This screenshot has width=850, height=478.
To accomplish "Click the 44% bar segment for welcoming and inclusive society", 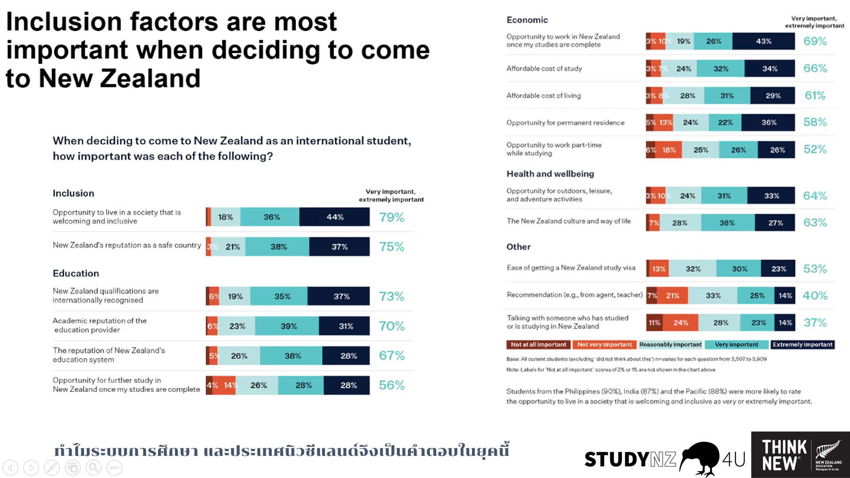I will pyautogui.click(x=335, y=217).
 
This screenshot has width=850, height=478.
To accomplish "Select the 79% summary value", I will pyautogui.click(x=391, y=217).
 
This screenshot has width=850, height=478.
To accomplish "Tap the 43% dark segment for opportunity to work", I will pyautogui.click(x=763, y=41).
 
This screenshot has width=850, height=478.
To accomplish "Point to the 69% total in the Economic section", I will pyautogui.click(x=815, y=41).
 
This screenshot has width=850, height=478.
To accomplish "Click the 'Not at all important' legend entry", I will pyautogui.click(x=538, y=344).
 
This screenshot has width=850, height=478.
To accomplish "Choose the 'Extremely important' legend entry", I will pyautogui.click(x=802, y=344).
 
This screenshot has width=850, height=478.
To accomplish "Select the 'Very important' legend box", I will pyautogui.click(x=736, y=344).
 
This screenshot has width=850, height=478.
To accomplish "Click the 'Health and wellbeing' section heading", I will pyautogui.click(x=550, y=174).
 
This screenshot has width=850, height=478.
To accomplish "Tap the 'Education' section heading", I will pyautogui.click(x=76, y=274).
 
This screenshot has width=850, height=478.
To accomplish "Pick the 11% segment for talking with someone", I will pyautogui.click(x=654, y=323).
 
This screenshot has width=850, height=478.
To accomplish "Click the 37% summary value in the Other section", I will pyautogui.click(x=815, y=323).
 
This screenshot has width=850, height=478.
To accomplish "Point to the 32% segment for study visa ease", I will pyautogui.click(x=693, y=269).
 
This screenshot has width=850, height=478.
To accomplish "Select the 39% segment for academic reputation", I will pyautogui.click(x=288, y=326).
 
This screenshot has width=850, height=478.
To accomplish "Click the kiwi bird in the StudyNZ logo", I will pyautogui.click(x=699, y=458).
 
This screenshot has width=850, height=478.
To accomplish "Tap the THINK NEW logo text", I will pyautogui.click(x=784, y=455).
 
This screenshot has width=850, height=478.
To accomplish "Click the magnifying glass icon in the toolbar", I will pyautogui.click(x=93, y=467).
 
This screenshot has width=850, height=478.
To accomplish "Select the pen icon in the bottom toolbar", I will pyautogui.click(x=52, y=467).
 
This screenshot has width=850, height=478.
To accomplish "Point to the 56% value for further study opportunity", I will pyautogui.click(x=391, y=385).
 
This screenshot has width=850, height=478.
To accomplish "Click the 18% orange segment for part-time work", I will pyautogui.click(x=668, y=150).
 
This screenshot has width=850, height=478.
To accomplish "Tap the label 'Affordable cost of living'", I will pyautogui.click(x=544, y=96).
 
